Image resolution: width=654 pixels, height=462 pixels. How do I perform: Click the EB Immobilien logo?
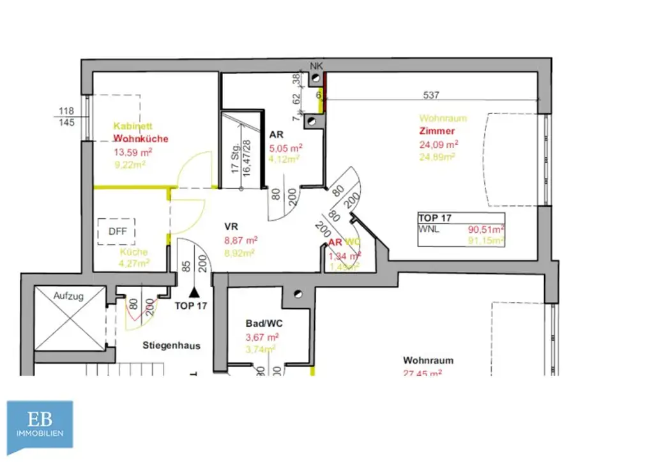coord(40,424)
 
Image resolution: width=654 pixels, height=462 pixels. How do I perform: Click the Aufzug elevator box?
coord(70,318)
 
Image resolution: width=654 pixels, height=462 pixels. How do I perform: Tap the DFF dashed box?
coord(117,232)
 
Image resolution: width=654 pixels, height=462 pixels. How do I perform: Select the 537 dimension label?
coord(432,95)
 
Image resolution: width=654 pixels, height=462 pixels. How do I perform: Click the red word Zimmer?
coord(437,131)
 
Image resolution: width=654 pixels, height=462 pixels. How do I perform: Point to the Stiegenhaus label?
coord(171,346)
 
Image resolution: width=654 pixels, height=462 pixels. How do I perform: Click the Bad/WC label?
coord(264,324)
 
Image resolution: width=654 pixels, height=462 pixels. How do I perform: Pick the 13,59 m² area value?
coord(132,152)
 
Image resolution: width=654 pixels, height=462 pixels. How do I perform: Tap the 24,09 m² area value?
coord(437,144)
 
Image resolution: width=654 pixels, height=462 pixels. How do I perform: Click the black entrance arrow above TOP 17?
coord(194,292)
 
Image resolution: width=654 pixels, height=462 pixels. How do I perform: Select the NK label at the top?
coord(316,66)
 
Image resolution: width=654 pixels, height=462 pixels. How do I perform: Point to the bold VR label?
coord(231,227)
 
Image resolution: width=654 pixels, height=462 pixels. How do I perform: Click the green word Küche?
coord(133,252)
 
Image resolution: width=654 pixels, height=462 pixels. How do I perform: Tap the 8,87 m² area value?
coord(241,241)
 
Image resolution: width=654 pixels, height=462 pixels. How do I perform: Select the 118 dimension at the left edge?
coord(67,110)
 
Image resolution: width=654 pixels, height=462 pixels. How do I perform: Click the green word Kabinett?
coord(133,126)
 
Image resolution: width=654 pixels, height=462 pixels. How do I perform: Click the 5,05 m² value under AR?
coord(285,147)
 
